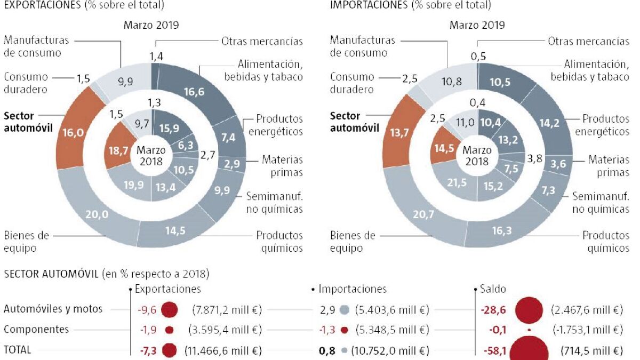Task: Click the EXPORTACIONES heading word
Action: [42, 5]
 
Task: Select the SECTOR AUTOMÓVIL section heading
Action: [51, 274]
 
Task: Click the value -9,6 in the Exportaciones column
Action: [148, 309]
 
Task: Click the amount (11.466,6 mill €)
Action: [223, 350]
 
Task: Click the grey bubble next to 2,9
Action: [344, 309]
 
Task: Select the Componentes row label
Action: [36, 330]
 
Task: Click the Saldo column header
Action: [493, 289]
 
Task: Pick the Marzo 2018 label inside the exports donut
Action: [151, 155]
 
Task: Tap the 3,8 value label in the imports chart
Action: [535, 158]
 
